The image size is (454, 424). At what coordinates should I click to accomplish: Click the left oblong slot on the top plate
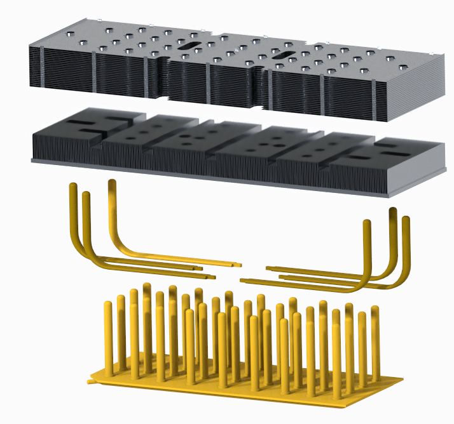(x=190, y=46)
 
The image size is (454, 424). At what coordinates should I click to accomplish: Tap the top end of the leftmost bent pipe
(x=73, y=185)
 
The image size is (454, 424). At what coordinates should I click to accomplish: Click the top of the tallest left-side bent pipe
(x=113, y=182)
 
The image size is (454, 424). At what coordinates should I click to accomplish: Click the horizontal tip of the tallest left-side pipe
(x=239, y=263)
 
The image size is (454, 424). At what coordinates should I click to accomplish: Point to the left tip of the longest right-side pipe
(x=243, y=280)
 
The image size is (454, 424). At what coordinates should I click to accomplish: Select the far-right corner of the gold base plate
(x=402, y=380)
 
